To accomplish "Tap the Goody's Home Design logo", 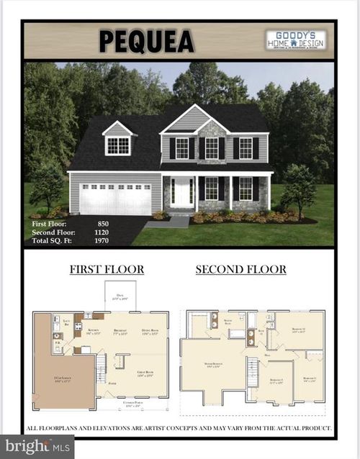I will (295, 40).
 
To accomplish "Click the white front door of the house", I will (182, 193).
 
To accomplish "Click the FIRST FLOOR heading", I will (107, 270).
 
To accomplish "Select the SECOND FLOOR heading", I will (240, 270).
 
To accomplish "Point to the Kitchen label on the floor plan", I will (93, 332).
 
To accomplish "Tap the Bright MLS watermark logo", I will (36, 446).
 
